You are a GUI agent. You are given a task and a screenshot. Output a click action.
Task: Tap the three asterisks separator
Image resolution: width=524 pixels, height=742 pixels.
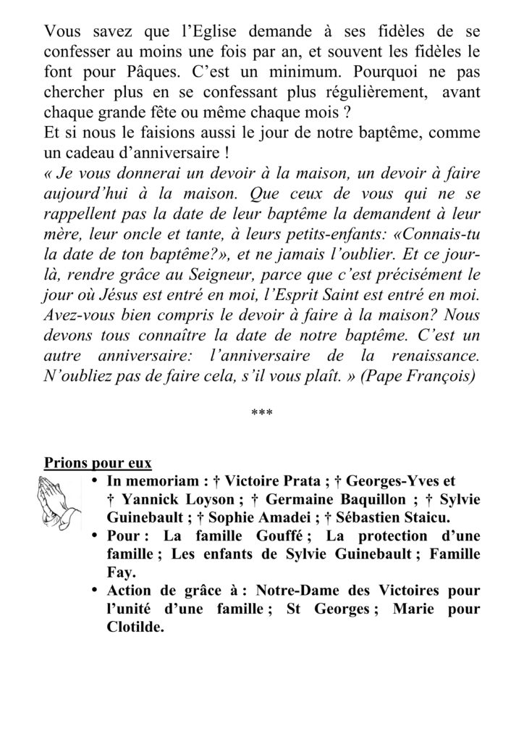pyautogui.click(x=261, y=412)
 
